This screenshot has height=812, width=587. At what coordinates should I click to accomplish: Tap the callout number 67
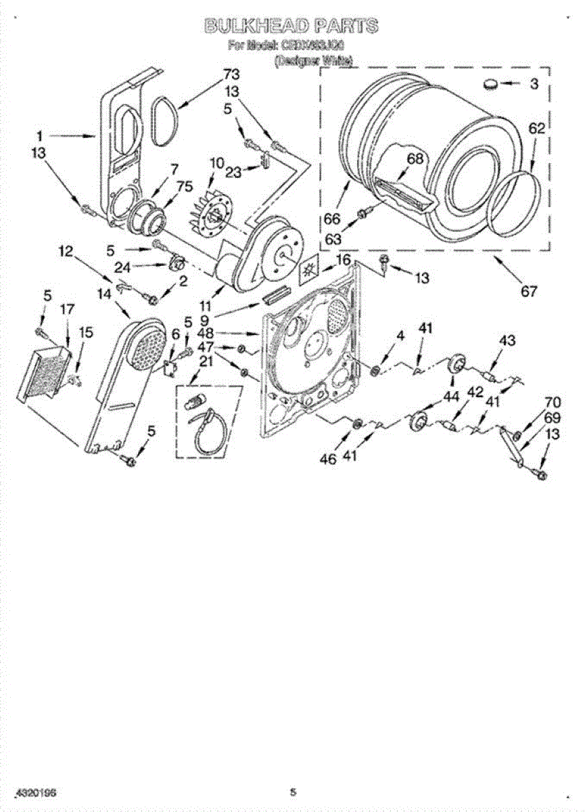[528, 292]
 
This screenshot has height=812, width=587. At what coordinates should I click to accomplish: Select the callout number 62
[536, 129]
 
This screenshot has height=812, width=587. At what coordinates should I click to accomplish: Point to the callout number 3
[534, 85]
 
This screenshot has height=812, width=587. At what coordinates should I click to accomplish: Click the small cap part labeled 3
[490, 84]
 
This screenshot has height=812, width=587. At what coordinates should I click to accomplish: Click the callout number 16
[344, 260]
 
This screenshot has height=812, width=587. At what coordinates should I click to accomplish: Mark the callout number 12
[65, 252]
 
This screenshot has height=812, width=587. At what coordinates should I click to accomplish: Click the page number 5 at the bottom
[293, 791]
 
